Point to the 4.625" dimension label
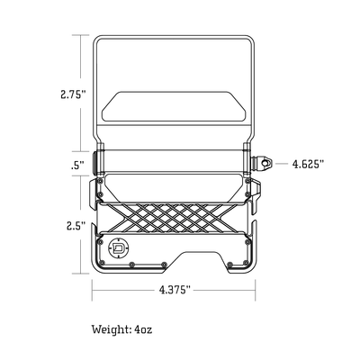pos(308,164)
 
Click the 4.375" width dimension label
pos(175,290)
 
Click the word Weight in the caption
pos(110,329)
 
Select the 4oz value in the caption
pos(145,329)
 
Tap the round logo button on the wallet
pos(120,247)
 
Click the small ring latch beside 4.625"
pos(267,164)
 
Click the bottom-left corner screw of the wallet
pos(102,264)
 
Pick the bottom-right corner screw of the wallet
pos(249,264)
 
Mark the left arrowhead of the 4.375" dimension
pos(96,290)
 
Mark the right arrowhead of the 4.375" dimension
pos(255,290)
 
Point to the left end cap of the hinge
pos(100,162)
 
